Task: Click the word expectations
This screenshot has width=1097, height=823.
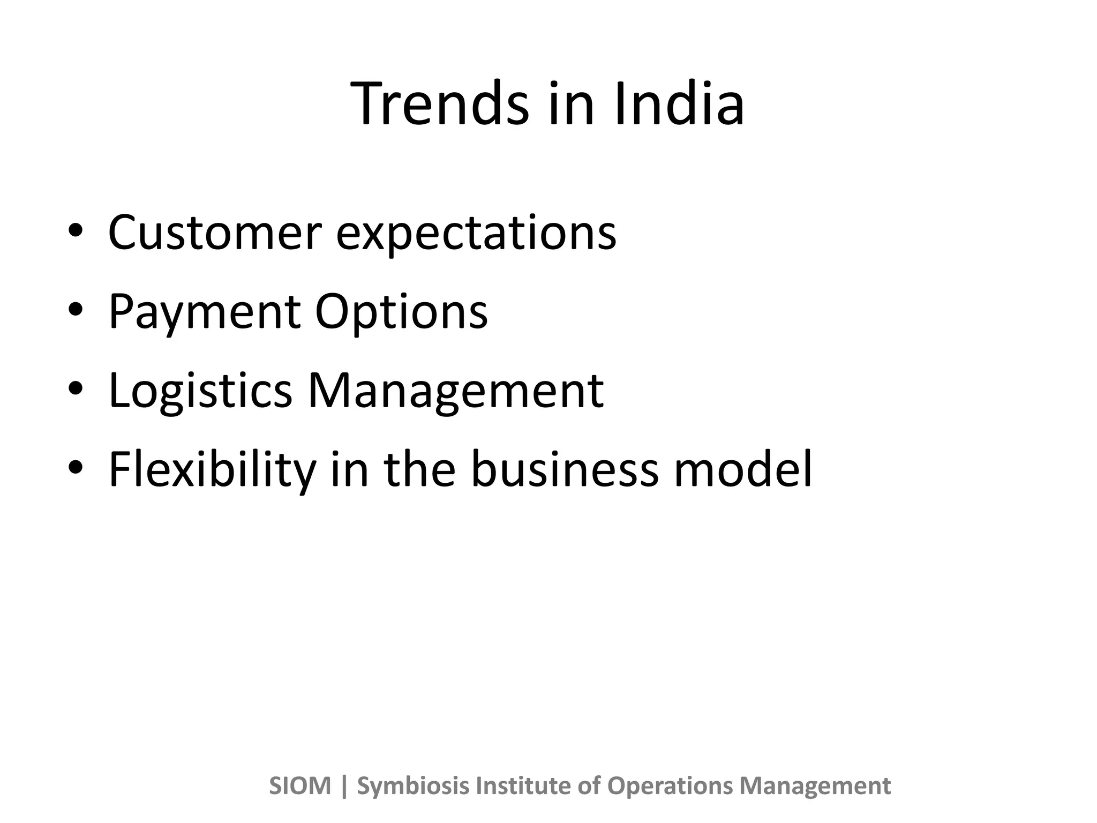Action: pyautogui.click(x=476, y=234)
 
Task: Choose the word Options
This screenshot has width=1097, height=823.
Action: pyautogui.click(x=401, y=312)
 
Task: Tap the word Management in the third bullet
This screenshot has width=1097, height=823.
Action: pyautogui.click(x=455, y=391)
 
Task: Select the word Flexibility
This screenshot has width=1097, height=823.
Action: pyautogui.click(x=212, y=470)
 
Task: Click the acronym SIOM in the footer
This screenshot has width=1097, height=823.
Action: pyautogui.click(x=300, y=786)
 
